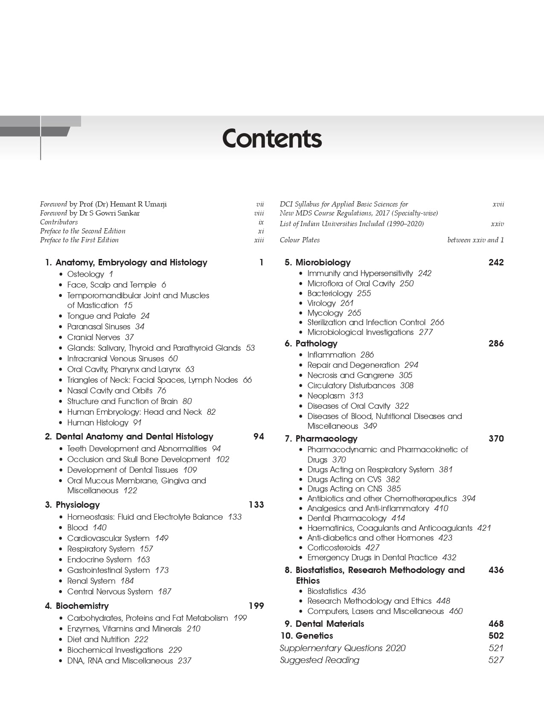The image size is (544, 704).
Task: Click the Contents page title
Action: click(272, 139)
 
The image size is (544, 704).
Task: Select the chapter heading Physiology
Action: click(78, 505)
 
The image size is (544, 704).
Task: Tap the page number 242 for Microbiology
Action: click(496, 262)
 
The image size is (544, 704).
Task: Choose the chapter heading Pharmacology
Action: click(326, 439)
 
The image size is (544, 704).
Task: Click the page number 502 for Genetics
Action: click(496, 636)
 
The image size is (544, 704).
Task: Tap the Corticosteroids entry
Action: click(334, 547)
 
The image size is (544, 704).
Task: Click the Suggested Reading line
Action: click(320, 660)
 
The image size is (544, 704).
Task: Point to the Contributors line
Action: click(59, 222)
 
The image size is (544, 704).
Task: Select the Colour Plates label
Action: click(300, 240)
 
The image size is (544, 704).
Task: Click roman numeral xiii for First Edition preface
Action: click(259, 240)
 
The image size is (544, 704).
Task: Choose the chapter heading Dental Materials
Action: click(329, 624)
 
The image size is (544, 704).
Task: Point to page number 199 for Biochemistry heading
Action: click(256, 606)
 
